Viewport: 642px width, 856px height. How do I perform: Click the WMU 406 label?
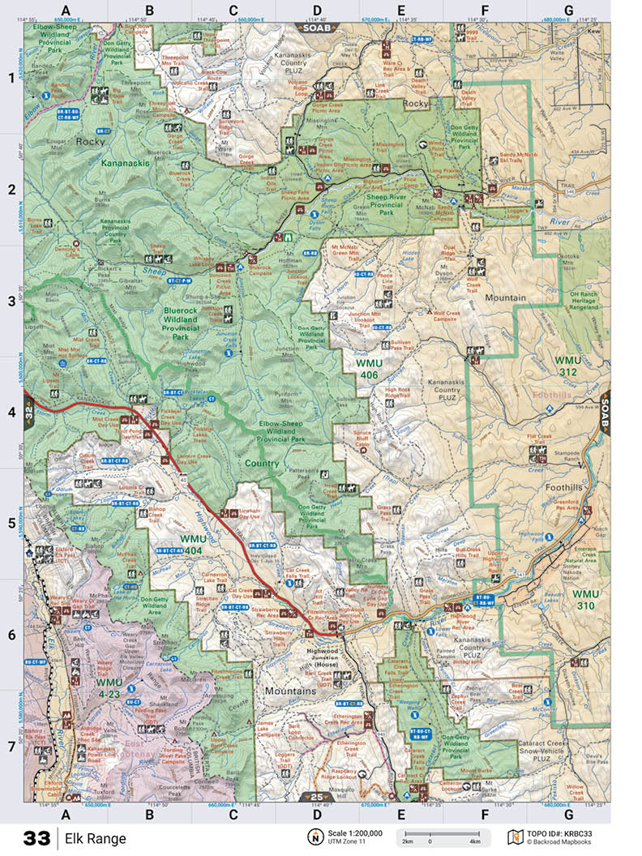click(x=374, y=369)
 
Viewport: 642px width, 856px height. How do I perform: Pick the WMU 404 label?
click(x=194, y=544)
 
